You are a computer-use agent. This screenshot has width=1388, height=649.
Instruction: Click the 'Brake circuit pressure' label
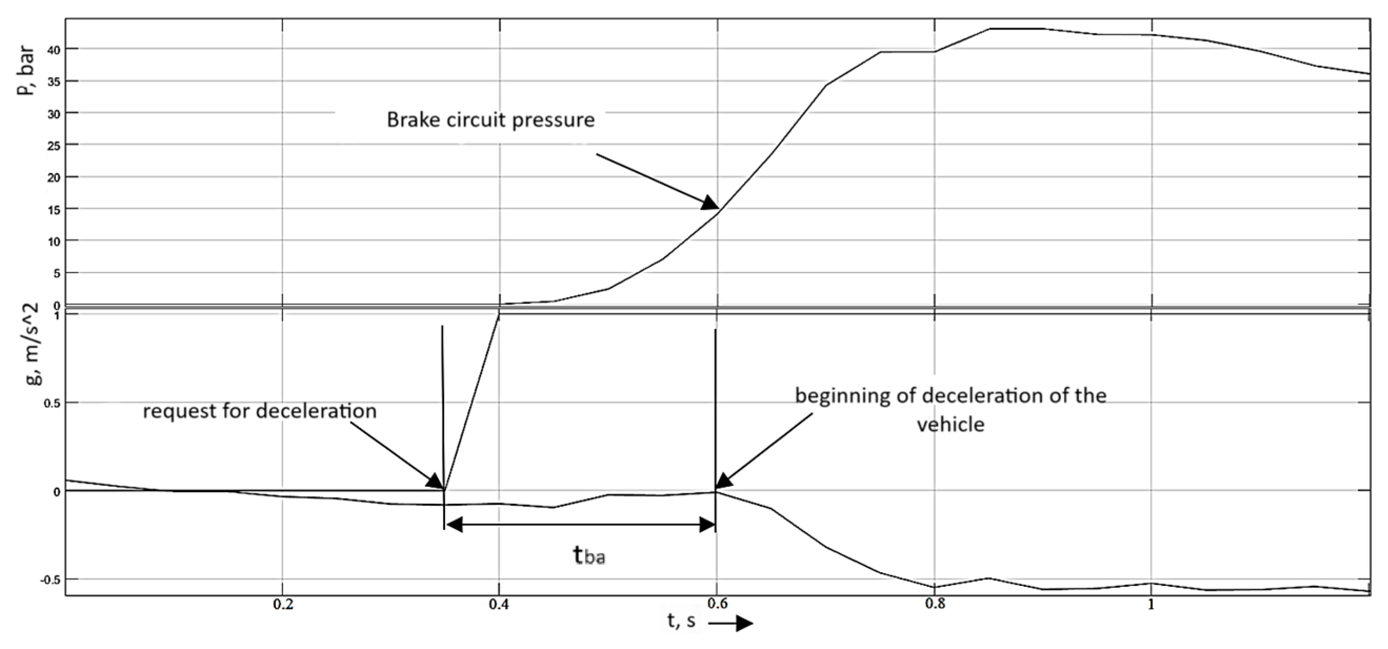490,119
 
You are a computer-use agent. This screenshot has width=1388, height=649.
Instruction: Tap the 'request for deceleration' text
259,411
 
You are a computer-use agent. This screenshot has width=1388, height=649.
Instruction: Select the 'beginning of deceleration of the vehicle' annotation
950,410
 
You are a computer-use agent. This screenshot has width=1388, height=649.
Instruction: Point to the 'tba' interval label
588,555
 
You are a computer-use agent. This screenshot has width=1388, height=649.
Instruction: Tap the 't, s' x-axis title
681,621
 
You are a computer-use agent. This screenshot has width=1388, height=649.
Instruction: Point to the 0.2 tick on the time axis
283,604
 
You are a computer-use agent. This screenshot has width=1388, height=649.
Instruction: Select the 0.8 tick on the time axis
935,604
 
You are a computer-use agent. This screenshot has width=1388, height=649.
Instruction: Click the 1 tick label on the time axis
1151,604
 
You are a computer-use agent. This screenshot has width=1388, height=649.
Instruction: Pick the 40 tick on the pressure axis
55,49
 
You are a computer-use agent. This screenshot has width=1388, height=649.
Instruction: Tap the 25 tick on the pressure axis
55,145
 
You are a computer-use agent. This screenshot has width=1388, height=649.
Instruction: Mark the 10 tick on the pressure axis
55,241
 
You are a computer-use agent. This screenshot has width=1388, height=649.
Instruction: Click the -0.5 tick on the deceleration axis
52,579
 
